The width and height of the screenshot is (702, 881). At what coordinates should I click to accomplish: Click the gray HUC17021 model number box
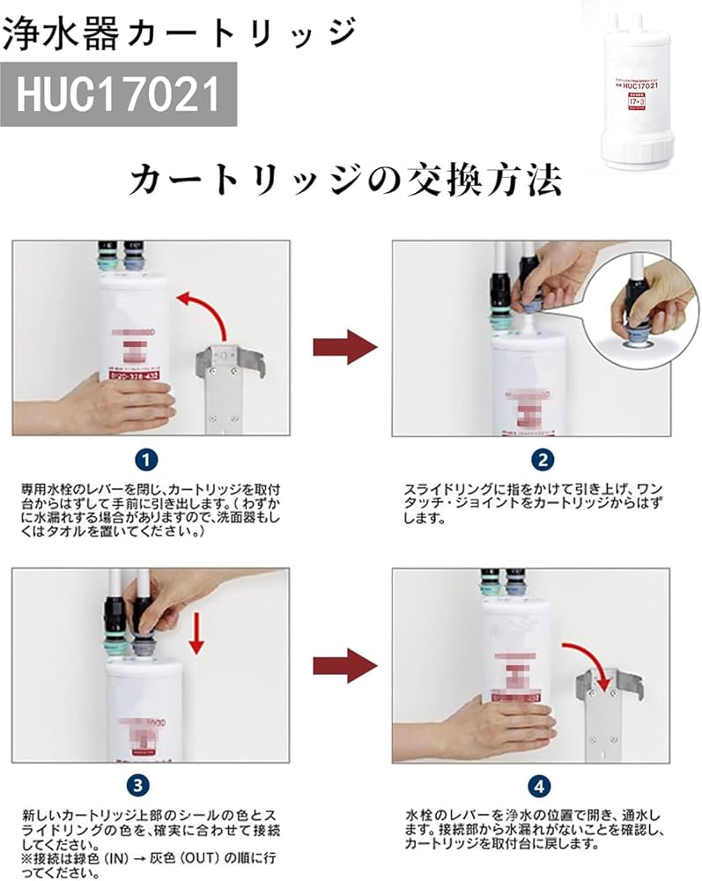click(118, 93)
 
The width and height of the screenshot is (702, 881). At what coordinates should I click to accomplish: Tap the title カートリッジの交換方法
click(344, 181)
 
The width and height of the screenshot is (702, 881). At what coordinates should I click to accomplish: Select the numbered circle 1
click(149, 459)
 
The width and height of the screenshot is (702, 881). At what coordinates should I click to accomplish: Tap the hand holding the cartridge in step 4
click(493, 727)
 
